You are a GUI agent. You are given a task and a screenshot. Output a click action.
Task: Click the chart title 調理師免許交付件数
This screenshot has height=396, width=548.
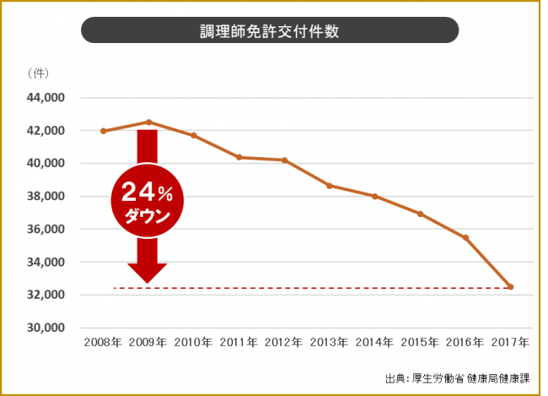[x=270, y=30]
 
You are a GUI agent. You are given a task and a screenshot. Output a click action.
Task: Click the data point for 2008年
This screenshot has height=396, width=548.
[x=103, y=131]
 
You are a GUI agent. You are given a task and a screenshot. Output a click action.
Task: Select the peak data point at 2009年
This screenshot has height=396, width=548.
[x=148, y=122]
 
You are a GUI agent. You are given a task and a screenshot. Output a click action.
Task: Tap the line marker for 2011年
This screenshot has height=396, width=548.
[x=239, y=157]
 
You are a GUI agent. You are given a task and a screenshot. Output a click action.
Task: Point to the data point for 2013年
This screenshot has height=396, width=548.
[x=330, y=185]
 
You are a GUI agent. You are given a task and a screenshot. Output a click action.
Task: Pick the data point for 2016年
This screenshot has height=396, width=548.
[x=465, y=237]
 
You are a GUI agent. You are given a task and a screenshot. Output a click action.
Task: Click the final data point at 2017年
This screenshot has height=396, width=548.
[x=510, y=287]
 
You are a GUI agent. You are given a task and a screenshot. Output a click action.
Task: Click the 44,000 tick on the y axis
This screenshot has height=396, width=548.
[x=48, y=98]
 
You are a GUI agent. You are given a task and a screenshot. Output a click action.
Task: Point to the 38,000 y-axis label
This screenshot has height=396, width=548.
[x=48, y=197]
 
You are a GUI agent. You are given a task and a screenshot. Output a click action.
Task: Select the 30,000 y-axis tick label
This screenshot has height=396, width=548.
[x=48, y=328]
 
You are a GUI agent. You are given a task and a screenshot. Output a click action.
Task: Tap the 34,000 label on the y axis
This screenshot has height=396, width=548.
[x=48, y=263]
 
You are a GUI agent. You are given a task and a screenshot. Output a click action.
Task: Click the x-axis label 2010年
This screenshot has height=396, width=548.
[x=194, y=343]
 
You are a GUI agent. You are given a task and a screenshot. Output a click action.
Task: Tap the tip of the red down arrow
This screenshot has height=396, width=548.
[x=148, y=281]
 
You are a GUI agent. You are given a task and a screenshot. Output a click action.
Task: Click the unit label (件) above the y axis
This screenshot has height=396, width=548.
[x=37, y=74]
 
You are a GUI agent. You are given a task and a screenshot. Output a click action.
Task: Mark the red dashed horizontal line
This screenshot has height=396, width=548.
[x=337, y=288]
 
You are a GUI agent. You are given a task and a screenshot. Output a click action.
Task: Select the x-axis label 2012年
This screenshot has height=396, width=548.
[x=284, y=343]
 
